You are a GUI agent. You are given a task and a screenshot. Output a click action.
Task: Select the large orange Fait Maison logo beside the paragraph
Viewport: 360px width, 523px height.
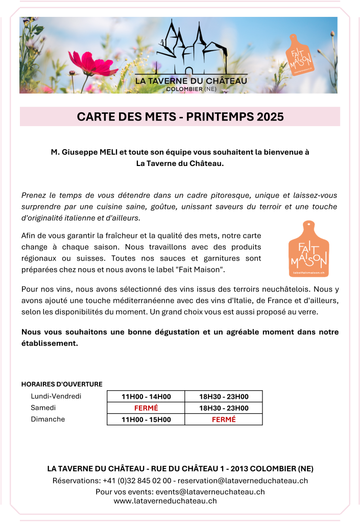(308, 249)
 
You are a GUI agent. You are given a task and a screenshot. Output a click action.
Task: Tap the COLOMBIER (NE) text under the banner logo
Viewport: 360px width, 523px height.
(191, 89)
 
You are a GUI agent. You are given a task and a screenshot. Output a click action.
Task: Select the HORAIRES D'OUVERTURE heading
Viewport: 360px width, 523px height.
(62, 384)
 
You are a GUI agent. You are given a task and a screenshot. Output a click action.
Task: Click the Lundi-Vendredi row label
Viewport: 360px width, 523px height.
(56, 396)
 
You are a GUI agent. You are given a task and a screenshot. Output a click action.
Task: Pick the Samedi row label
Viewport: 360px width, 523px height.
(43, 408)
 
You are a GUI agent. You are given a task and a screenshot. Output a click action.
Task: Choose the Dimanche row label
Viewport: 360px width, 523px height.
(48, 419)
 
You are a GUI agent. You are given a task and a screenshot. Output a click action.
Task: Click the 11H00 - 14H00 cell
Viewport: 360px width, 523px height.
(146, 397)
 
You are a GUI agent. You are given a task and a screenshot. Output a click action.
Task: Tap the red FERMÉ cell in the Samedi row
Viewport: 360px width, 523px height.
(146, 408)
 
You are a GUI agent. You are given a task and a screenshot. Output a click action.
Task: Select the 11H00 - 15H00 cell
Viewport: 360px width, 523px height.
(146, 420)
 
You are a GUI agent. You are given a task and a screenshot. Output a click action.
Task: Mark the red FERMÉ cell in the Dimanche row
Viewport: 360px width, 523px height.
(224, 420)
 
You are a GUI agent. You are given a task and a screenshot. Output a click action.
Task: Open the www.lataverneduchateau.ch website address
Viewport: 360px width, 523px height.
(165, 501)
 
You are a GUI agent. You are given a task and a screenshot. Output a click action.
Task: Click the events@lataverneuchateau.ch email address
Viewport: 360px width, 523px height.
(210, 492)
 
